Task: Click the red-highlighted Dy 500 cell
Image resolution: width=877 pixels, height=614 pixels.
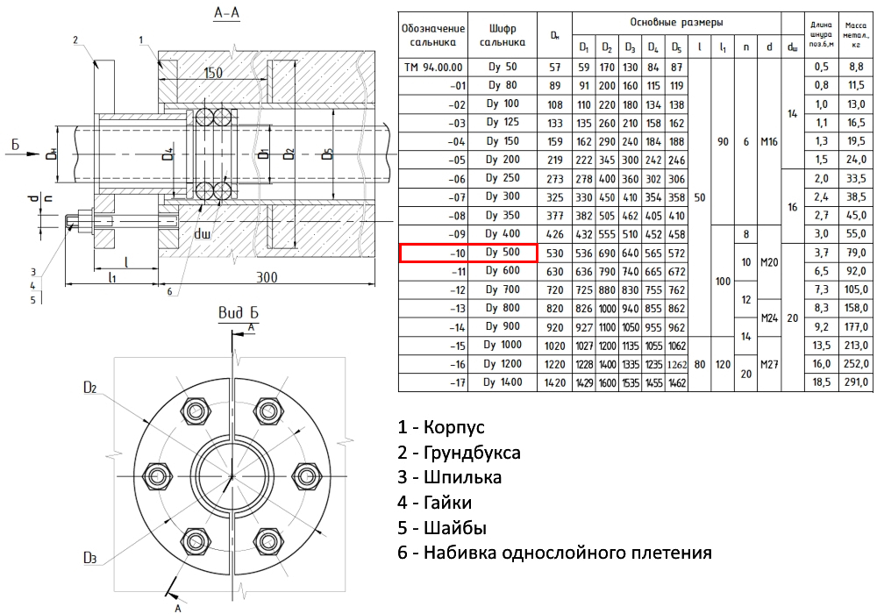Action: (503, 253)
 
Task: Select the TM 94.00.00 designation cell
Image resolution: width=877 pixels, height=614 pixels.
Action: (433, 67)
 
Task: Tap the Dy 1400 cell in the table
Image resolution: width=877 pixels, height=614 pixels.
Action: (503, 382)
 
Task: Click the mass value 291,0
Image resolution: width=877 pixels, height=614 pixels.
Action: (854, 382)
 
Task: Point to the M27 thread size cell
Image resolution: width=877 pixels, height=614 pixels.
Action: (769, 364)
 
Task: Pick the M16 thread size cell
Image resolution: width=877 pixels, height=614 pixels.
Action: (769, 141)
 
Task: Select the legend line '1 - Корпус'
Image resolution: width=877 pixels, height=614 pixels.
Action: (440, 427)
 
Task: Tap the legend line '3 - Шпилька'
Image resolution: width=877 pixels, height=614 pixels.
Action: (449, 477)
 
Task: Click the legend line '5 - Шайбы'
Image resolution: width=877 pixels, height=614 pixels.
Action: (442, 528)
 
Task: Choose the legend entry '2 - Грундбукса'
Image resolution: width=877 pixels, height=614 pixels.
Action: (459, 453)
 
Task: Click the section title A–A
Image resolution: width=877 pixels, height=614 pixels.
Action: (227, 13)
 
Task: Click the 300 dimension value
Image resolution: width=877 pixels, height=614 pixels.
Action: (267, 278)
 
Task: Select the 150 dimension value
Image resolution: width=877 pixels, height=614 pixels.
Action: (213, 73)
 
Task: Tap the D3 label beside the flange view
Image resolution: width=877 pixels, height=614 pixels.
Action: (89, 557)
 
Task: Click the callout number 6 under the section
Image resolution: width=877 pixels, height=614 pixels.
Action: (168, 291)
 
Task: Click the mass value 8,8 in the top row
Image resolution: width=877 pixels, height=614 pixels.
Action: (854, 67)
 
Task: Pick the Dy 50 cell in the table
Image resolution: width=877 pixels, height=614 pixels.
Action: (503, 67)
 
